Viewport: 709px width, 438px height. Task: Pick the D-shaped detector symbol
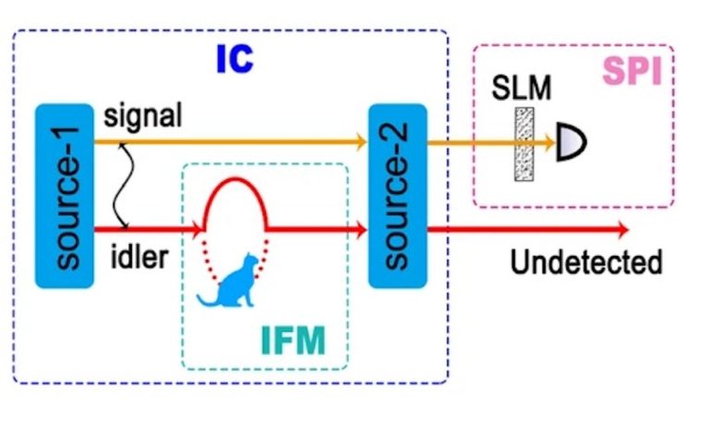point(572,141)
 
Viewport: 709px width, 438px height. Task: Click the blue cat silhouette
point(232,283)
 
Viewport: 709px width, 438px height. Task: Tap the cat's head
point(246,263)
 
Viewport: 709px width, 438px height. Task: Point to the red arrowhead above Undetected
point(624,228)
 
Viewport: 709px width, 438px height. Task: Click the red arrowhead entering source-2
point(360,227)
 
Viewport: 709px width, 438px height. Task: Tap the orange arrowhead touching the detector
point(551,142)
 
